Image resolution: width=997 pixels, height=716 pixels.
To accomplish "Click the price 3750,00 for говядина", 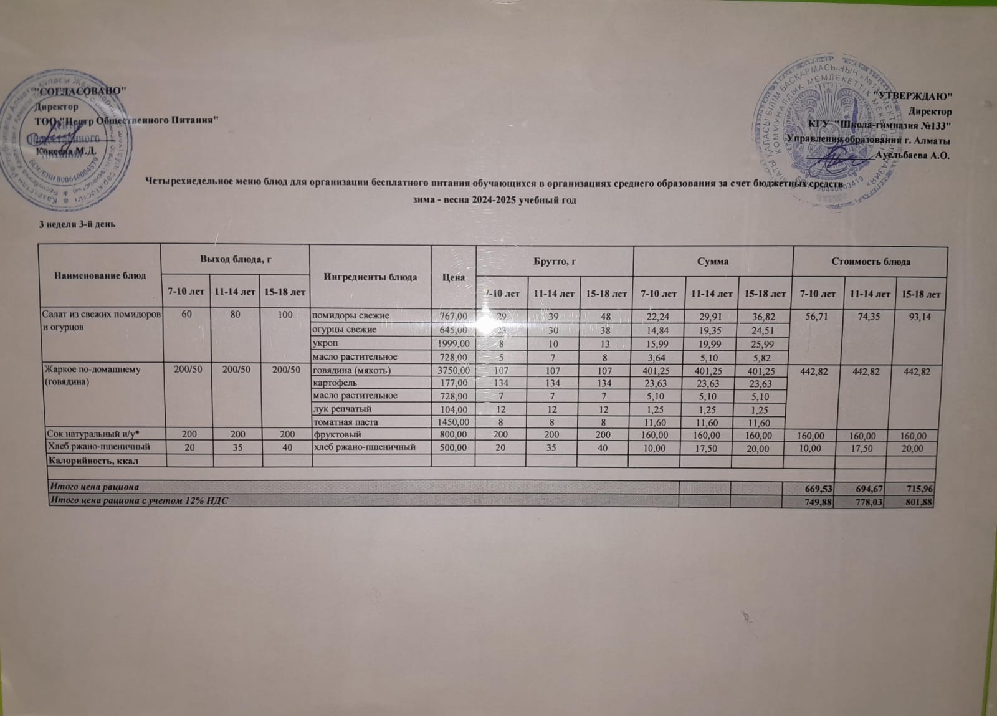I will coord(452,370).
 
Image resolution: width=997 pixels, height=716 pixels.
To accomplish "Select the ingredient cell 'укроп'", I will coord(325,343).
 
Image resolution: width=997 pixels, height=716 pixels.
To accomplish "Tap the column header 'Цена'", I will coord(453,277).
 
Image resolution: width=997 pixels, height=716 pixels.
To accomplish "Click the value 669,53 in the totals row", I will coord(818,488).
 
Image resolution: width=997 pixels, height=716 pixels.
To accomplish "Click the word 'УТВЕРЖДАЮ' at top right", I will coord(914,95).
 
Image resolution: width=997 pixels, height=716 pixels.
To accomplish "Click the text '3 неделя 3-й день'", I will coord(74,224).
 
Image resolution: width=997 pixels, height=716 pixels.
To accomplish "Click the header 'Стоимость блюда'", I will coord(871,261).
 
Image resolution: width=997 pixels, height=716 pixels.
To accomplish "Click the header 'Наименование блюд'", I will coord(100,275).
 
